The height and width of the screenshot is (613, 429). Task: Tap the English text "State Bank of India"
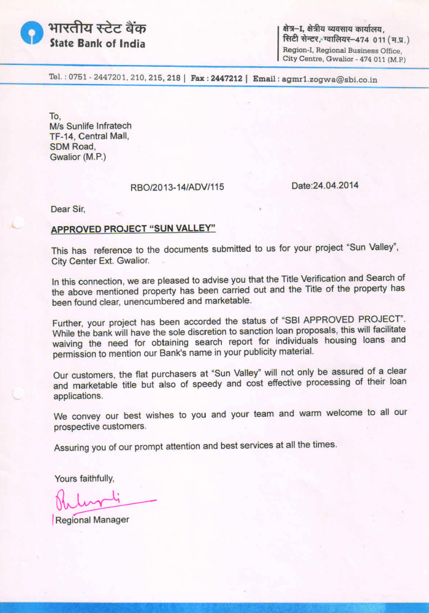(x=97, y=44)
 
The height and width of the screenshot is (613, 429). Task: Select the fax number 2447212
(x=226, y=78)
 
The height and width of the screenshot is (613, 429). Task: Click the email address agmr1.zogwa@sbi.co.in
(x=328, y=79)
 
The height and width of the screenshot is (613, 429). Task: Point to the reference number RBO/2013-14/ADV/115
(x=177, y=187)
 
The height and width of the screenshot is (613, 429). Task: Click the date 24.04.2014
(x=325, y=185)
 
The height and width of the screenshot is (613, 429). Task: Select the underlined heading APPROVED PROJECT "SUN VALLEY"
(x=134, y=229)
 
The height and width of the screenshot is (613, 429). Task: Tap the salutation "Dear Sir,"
(x=67, y=209)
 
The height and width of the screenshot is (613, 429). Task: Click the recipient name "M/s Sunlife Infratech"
(x=91, y=126)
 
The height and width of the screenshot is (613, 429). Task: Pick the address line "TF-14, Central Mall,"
(x=89, y=136)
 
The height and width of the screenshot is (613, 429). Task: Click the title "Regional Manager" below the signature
(x=92, y=520)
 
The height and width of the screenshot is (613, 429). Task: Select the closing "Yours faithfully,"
(x=84, y=478)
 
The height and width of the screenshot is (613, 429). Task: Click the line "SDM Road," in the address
(x=72, y=147)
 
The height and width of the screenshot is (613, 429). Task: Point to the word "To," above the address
(x=56, y=116)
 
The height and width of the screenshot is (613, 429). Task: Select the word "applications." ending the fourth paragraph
(x=78, y=396)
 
